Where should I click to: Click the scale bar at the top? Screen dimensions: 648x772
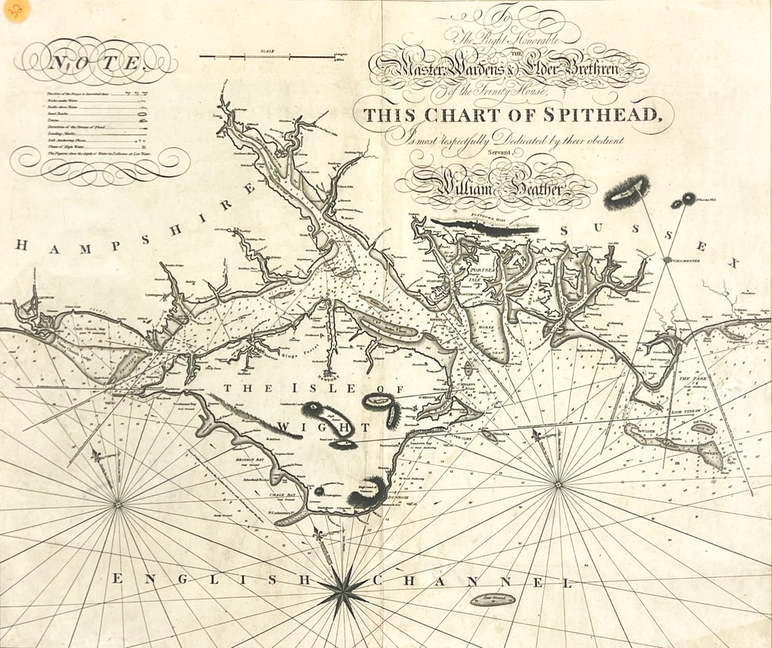click(x=267, y=57)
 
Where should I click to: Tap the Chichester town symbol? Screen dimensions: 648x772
click(x=667, y=260)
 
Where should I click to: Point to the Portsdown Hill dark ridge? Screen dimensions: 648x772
click(x=484, y=227)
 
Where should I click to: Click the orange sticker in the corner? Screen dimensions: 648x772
click(x=15, y=11)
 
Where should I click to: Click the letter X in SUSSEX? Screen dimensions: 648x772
click(x=733, y=263)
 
